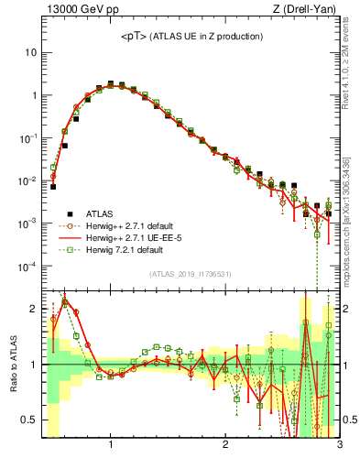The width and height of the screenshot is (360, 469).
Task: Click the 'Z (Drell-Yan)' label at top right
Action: click(x=308, y=9)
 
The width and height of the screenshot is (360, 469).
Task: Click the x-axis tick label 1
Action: click(x=111, y=445)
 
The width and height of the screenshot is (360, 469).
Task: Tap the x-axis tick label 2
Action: click(x=225, y=445)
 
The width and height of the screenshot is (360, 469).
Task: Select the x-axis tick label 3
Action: click(x=339, y=445)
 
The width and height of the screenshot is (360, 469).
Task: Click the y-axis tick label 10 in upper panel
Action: click(x=30, y=52)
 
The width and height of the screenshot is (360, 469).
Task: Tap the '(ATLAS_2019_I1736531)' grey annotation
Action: click(x=191, y=274)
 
